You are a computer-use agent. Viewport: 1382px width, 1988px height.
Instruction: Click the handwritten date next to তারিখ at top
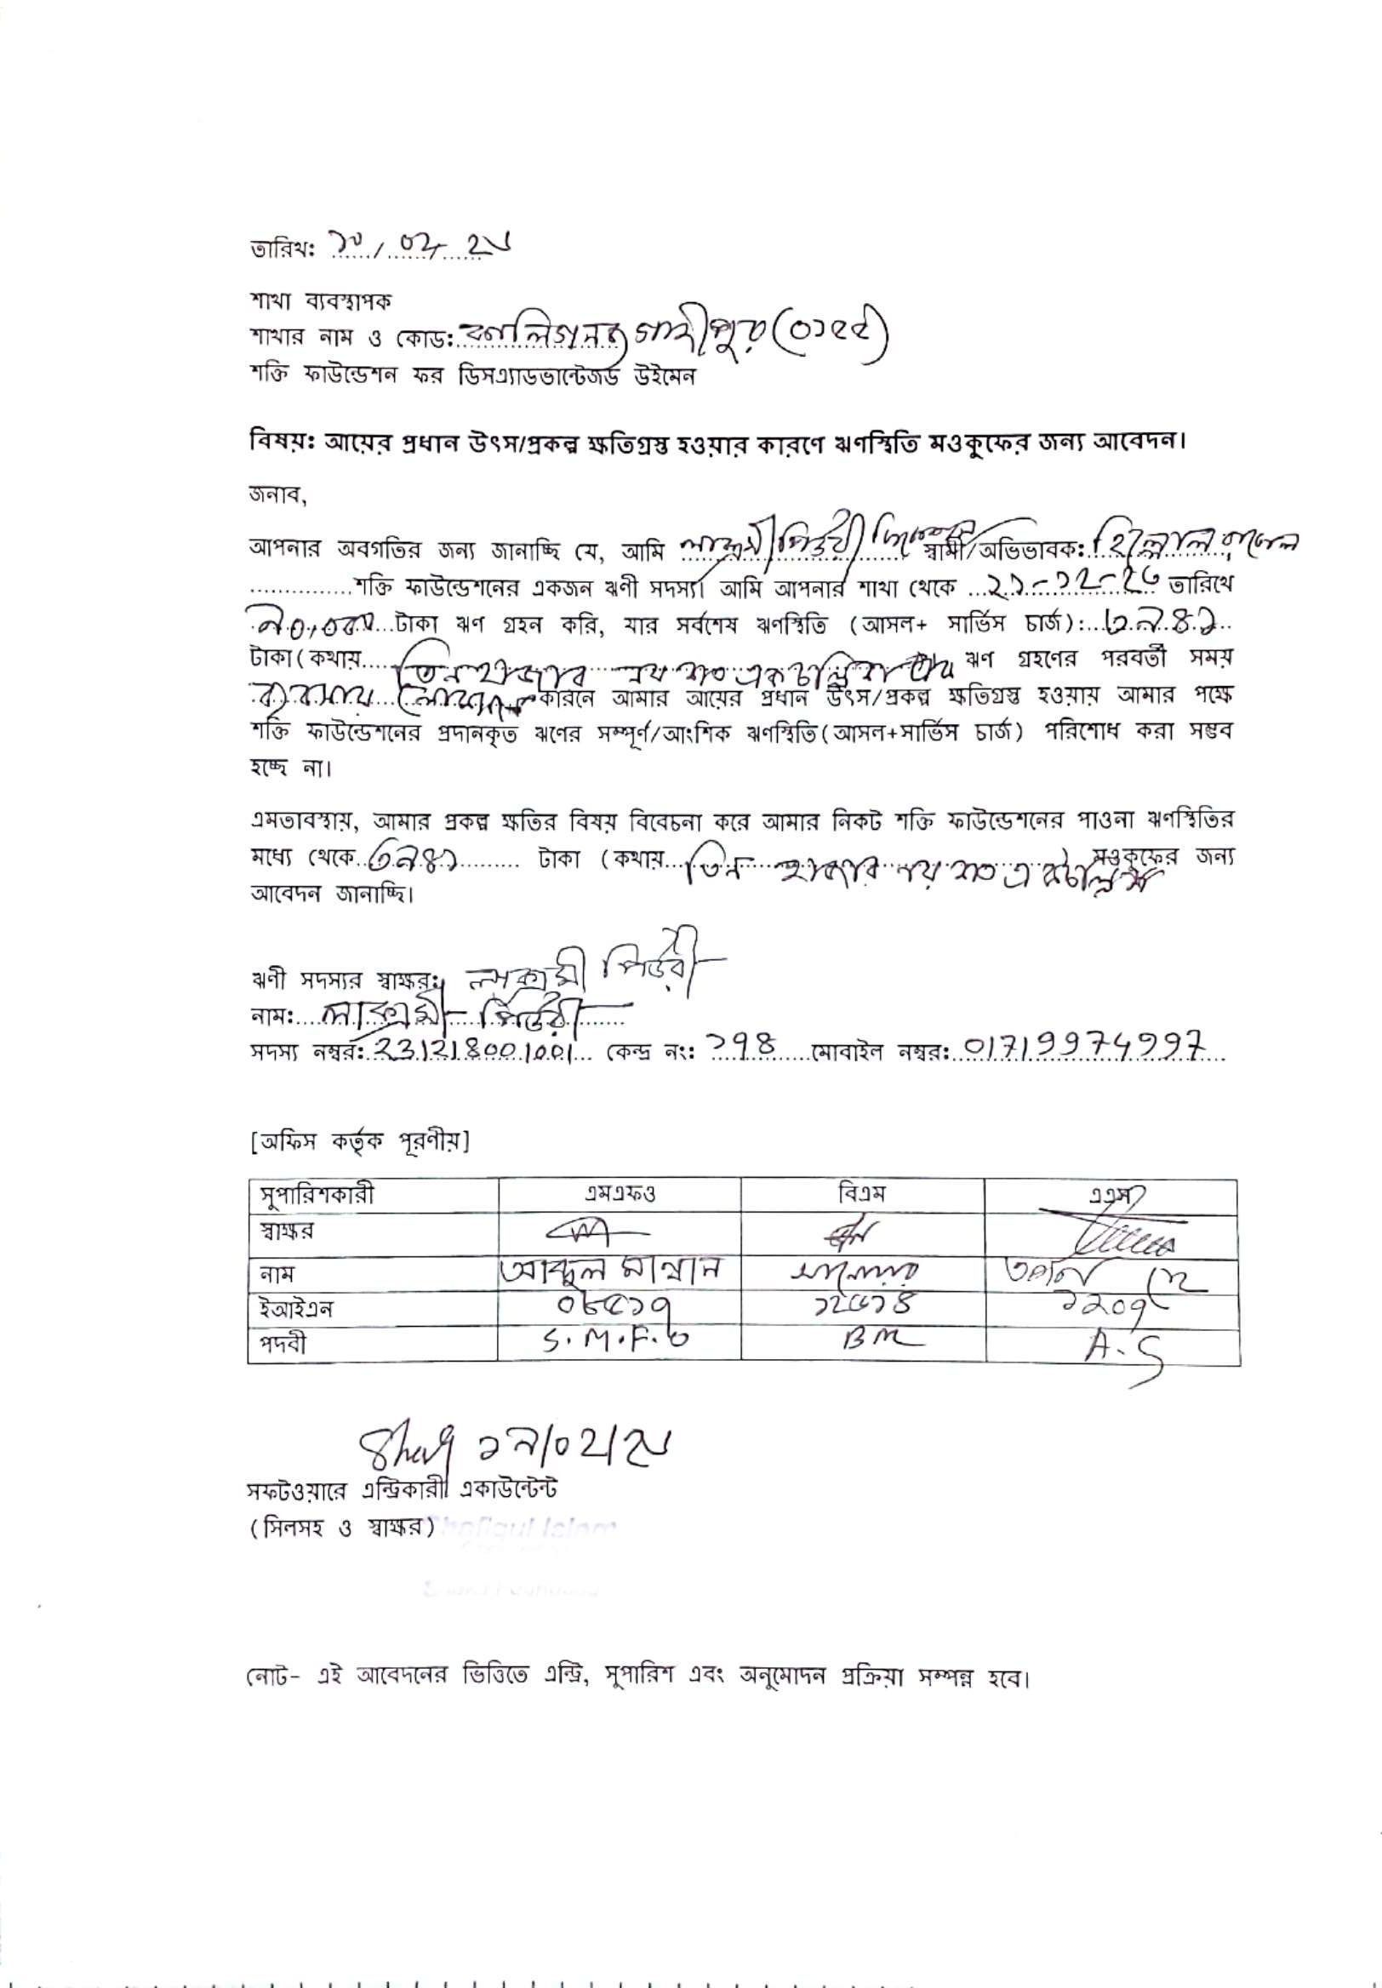click(x=416, y=248)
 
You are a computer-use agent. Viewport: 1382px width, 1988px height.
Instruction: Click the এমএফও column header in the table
click(x=620, y=1197)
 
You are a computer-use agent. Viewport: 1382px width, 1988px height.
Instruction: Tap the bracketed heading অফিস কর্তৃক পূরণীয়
click(x=358, y=1144)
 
